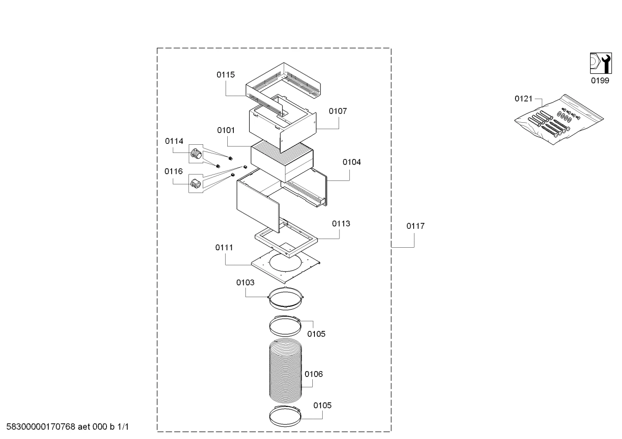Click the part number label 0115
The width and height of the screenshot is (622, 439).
(226, 75)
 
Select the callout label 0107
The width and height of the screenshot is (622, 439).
(338, 111)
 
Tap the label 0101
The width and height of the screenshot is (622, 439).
(226, 130)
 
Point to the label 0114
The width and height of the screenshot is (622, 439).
(174, 141)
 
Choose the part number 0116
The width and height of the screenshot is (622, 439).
(173, 171)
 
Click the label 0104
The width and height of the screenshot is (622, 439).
(352, 162)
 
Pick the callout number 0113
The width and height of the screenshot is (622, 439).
(341, 224)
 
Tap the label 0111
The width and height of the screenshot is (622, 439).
(224, 247)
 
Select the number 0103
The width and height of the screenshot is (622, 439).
(245, 282)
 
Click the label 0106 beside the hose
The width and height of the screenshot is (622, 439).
(314, 374)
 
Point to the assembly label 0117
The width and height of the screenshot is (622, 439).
(415, 226)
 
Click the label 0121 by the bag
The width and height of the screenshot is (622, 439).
(523, 99)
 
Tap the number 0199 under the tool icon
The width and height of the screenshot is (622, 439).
(600, 81)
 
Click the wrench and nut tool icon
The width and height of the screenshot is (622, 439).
(600, 63)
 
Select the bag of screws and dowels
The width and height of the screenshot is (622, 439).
(559, 119)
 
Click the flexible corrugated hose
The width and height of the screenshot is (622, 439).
(286, 371)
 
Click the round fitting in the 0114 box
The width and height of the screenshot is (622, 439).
(196, 154)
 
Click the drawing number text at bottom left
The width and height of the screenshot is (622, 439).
(67, 427)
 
